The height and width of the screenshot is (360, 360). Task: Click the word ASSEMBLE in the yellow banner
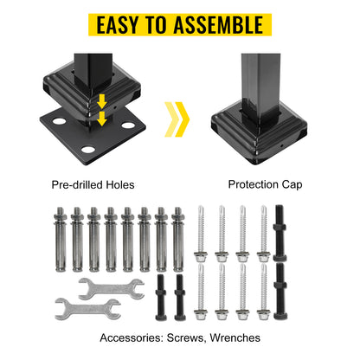pos(218,25)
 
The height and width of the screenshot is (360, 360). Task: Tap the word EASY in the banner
pos(118,25)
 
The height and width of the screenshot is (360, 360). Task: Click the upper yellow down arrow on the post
pos(102,101)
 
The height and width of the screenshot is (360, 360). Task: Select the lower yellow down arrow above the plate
pos(102,119)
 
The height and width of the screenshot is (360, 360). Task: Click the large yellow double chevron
pos(177,119)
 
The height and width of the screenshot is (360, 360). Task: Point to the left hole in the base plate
pos(59,121)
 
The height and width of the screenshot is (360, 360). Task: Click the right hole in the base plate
pos(128,125)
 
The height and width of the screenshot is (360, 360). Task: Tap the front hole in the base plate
pos(88,150)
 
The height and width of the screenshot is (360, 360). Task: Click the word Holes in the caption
pos(120,184)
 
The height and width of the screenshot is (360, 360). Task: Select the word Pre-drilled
pos(77,184)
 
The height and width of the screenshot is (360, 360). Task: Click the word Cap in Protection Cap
pos(292,184)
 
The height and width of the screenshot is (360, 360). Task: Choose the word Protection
pos(254,184)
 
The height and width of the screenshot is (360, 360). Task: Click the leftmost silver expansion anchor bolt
pos(61,240)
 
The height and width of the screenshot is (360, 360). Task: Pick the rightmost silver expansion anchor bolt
pos(178,240)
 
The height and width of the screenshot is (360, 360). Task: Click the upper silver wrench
pos(112,289)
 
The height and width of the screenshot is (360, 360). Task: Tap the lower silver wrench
pos(87,309)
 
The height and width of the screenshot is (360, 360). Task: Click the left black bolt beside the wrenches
pos(161,298)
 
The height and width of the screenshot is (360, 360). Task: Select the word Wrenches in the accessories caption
pos(235,337)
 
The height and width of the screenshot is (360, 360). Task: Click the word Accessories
pos(132,337)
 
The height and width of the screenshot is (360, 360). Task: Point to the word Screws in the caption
pos(186,338)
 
